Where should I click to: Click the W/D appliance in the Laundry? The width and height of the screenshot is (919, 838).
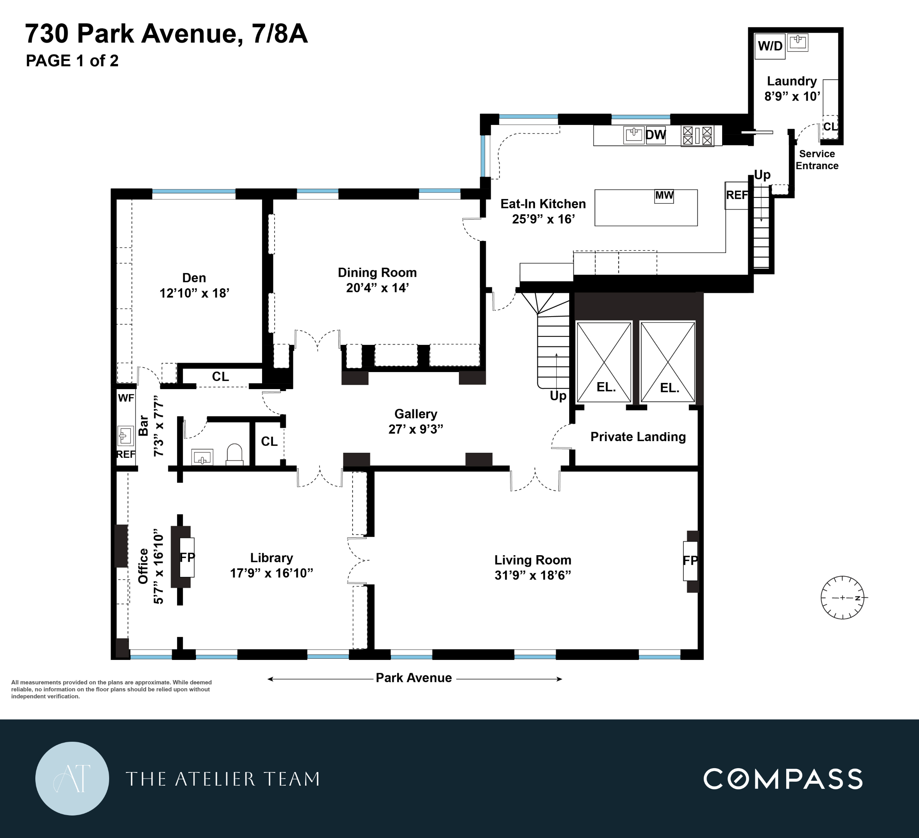click(770, 46)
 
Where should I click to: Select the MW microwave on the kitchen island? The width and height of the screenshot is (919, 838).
click(664, 196)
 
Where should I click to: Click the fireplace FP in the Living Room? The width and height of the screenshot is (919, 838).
click(690, 561)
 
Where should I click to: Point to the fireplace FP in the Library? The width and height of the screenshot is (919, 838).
click(187, 557)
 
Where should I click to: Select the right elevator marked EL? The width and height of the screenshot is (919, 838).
click(668, 362)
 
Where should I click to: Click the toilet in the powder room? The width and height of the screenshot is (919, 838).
click(234, 454)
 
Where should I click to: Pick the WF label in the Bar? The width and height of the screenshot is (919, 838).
click(126, 398)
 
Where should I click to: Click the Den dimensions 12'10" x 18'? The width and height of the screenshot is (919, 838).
click(194, 293)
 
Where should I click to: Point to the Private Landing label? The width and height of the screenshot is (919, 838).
click(638, 437)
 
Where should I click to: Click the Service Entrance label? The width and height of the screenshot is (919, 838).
click(817, 160)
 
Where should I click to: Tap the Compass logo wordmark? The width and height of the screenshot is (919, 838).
click(783, 779)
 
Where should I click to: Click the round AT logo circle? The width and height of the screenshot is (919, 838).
click(72, 778)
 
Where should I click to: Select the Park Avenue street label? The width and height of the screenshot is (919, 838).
click(413, 678)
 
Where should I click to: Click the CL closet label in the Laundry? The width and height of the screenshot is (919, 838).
click(830, 126)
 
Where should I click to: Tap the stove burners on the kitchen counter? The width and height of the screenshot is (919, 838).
click(697, 136)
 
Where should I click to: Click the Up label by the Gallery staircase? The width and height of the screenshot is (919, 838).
click(558, 396)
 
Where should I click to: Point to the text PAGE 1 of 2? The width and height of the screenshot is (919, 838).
click(72, 61)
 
